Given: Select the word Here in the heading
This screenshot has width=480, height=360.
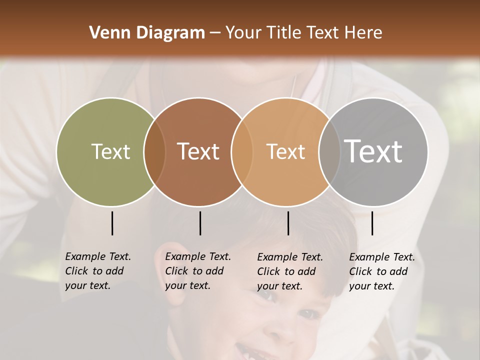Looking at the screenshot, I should click(363, 33).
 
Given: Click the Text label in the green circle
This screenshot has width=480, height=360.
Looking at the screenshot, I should click(110, 151).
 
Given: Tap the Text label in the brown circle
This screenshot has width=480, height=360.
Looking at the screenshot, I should click(198, 151).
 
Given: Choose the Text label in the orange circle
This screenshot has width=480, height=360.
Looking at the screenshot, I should click(285, 151).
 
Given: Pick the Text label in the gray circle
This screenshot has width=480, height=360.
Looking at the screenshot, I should click(373, 151).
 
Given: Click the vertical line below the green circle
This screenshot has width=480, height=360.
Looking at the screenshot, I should click(112, 223).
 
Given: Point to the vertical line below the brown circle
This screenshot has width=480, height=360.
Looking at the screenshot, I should click(200, 223).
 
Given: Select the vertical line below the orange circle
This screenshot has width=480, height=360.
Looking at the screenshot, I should click(288, 223).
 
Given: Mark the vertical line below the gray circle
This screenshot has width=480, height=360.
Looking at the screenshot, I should click(372, 223).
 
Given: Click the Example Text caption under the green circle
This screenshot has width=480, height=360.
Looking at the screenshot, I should click(98, 271).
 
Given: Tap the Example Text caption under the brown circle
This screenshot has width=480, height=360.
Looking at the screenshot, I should click(198, 271).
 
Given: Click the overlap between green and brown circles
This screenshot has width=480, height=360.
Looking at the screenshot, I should click(154, 151).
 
